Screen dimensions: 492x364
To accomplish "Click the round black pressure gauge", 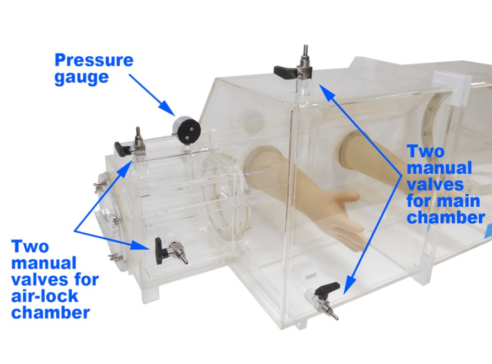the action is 186,129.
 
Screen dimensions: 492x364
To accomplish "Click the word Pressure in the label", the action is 94,60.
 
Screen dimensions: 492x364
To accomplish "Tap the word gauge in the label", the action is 82,77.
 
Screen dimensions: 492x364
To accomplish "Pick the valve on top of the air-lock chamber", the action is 131,145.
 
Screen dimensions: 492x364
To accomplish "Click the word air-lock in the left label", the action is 45,296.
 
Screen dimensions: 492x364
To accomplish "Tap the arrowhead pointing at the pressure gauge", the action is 168,109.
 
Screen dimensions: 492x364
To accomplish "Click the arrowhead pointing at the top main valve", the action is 325,92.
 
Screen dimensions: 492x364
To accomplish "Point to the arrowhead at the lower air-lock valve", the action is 140,245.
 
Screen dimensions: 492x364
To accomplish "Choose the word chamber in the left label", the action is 51,312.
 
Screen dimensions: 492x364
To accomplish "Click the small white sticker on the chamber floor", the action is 311,276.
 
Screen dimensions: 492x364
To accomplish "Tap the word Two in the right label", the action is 425,152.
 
